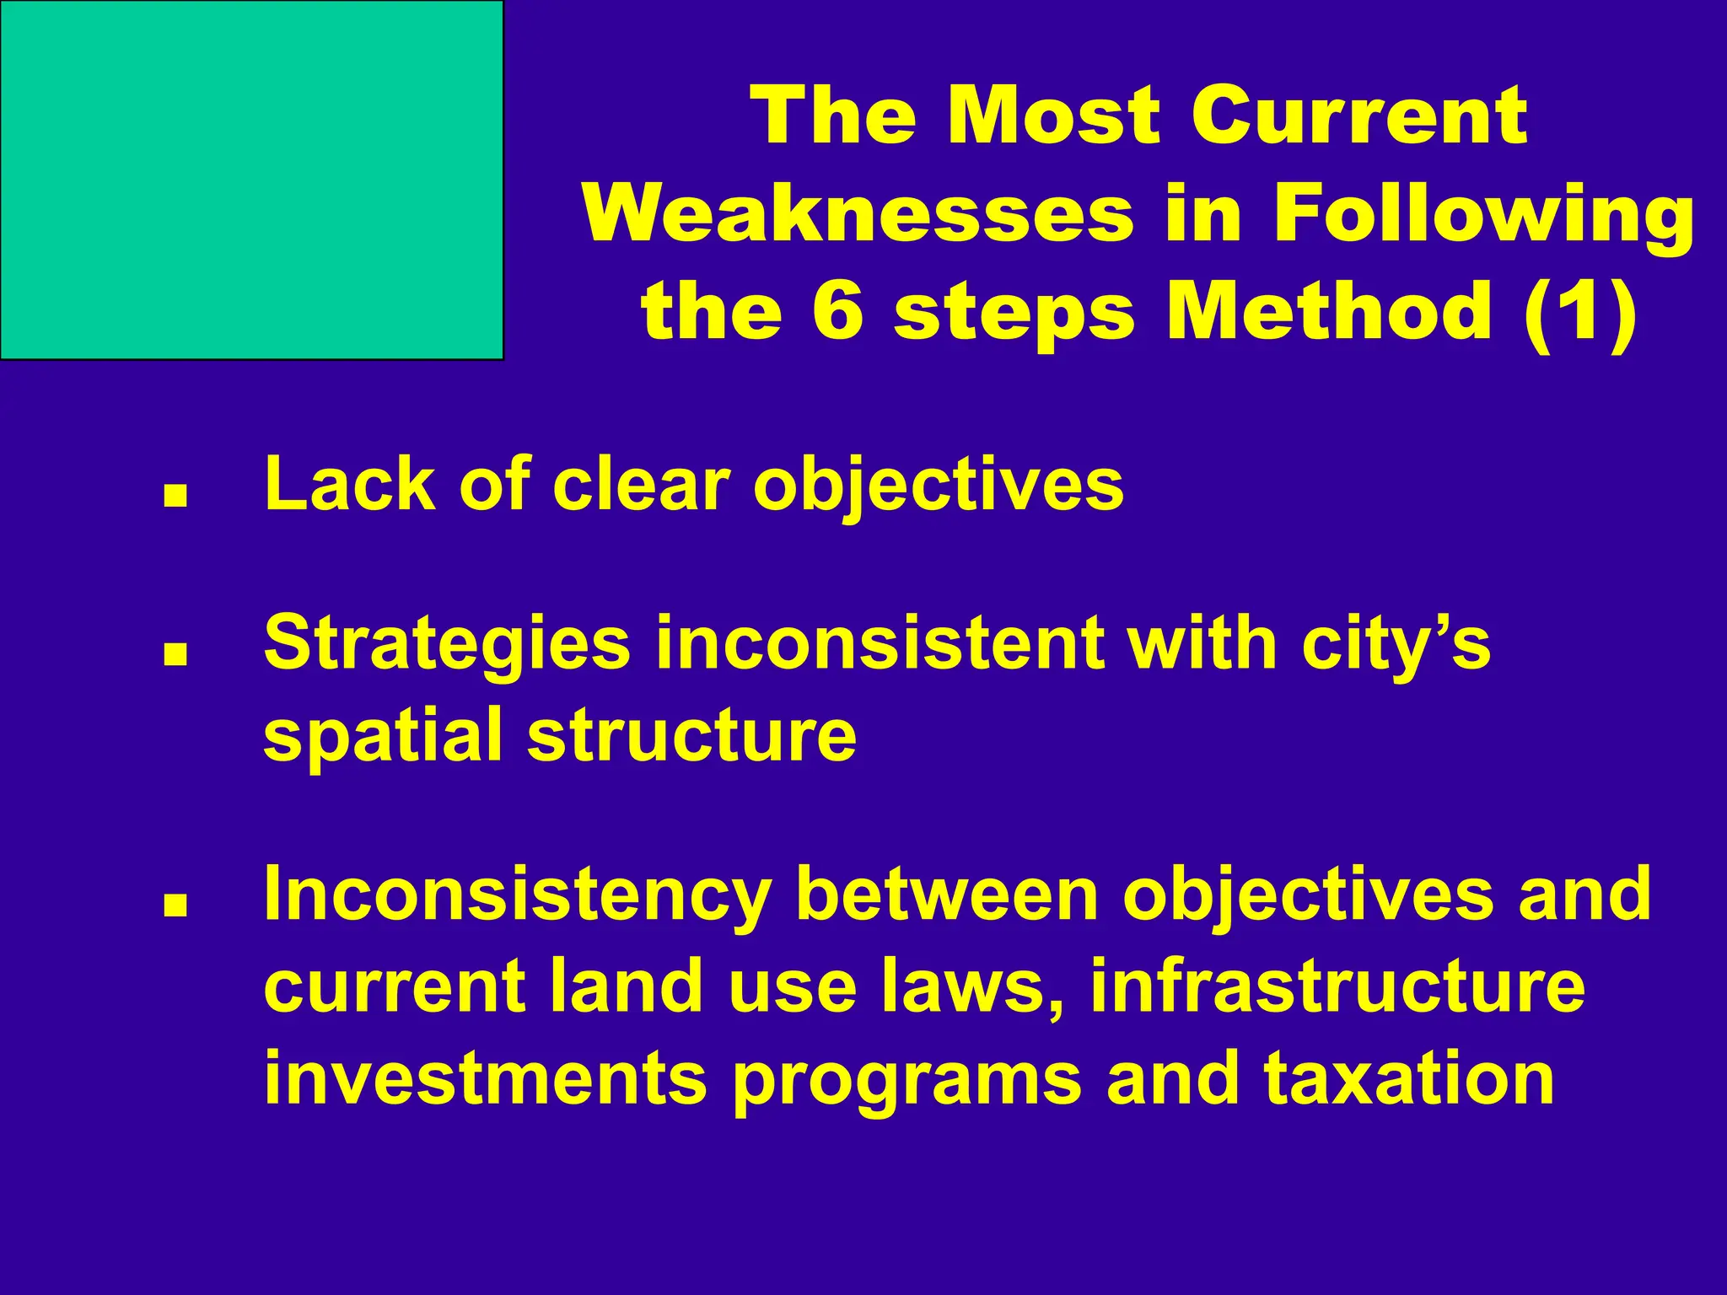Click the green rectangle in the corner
[251, 180]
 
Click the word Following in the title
[1483, 216]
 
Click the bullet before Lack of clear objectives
[175, 497]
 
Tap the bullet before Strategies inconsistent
[175, 655]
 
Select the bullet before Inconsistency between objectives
[175, 905]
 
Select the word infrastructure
[1337, 986]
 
